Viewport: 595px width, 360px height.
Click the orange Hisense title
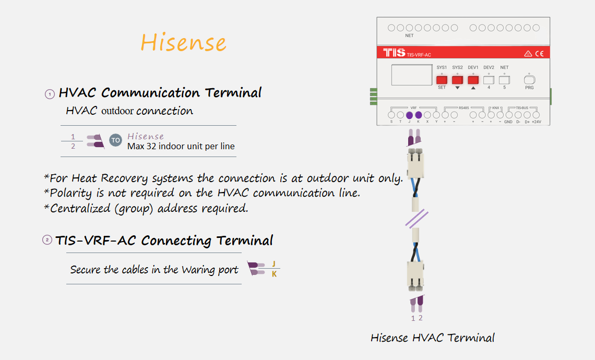(183, 42)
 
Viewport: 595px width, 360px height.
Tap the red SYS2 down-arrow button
(457, 80)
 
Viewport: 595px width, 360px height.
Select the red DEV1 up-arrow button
(473, 80)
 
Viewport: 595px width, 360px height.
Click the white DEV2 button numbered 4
(489, 80)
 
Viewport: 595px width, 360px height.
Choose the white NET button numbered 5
(504, 80)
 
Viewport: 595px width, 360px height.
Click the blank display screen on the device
(412, 75)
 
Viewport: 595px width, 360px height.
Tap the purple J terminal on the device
(409, 115)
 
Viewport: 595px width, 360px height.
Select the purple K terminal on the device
(419, 115)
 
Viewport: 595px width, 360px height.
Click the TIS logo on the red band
(394, 52)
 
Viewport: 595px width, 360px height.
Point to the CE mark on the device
(540, 54)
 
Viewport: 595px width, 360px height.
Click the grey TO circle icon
(116, 140)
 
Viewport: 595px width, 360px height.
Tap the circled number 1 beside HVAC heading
(50, 94)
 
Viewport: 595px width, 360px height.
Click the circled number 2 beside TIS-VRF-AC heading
(47, 240)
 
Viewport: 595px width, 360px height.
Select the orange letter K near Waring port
(275, 274)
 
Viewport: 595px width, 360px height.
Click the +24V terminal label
(537, 122)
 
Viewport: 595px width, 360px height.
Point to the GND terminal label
(508, 122)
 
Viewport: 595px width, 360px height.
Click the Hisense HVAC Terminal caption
(433, 338)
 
